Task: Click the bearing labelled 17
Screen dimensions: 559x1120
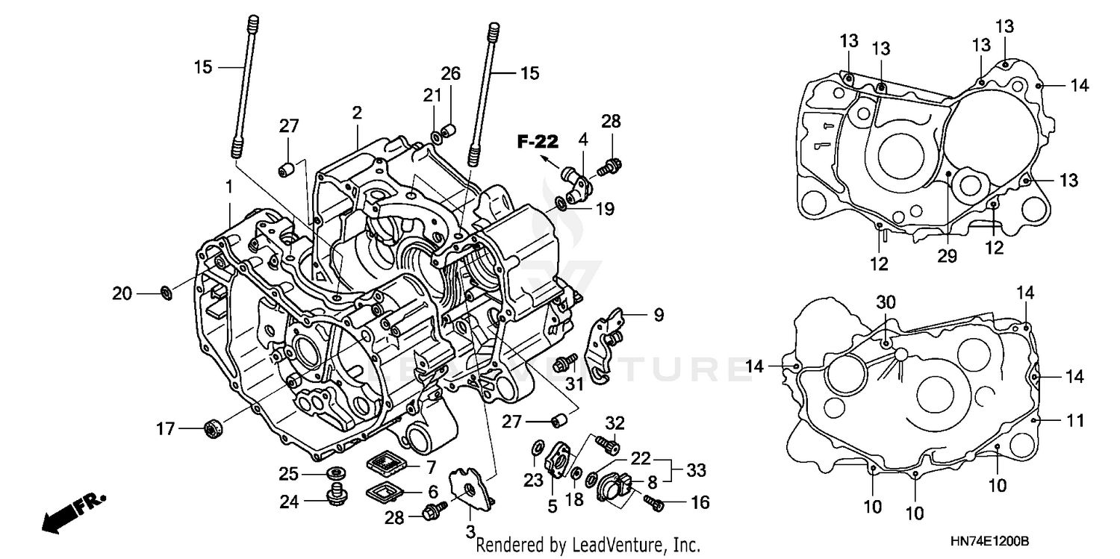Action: click(214, 429)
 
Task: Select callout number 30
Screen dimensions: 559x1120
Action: click(886, 302)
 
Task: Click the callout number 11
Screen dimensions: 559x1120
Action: click(1074, 421)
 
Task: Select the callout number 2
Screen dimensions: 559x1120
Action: click(357, 113)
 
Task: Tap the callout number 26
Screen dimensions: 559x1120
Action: click(450, 74)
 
